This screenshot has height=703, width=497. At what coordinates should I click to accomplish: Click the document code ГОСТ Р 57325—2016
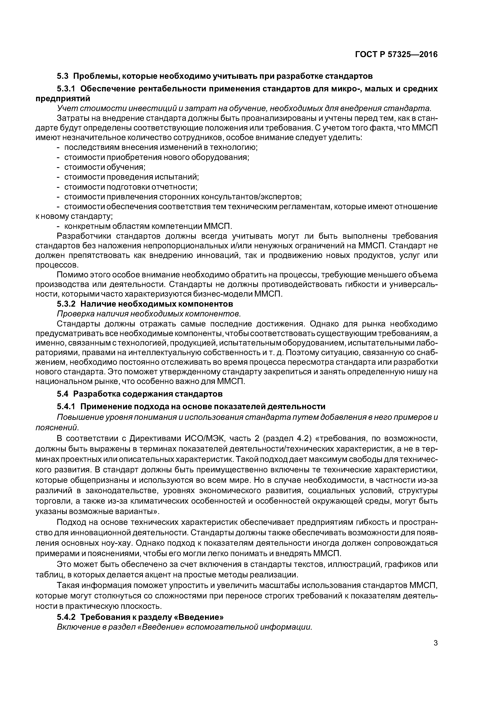pos(396,55)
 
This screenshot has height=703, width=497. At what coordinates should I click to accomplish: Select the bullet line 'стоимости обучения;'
pos(104,167)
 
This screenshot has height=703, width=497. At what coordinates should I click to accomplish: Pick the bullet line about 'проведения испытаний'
pos(131,177)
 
